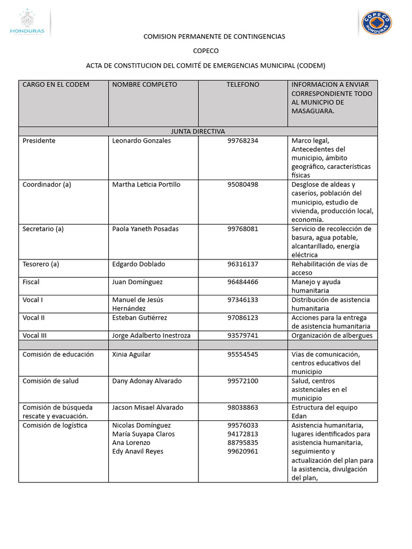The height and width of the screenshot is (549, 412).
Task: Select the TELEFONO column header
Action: click(242, 85)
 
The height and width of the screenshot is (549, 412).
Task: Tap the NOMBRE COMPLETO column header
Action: click(144, 85)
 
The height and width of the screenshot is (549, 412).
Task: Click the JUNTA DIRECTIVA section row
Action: click(198, 131)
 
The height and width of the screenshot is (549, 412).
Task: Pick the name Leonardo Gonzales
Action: click(142, 140)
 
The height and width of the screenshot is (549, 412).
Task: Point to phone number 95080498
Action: click(242, 184)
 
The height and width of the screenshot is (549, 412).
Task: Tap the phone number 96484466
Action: click(242, 282)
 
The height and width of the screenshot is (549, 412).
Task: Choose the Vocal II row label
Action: click(34, 317)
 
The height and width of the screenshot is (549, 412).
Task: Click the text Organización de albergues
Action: click(332, 335)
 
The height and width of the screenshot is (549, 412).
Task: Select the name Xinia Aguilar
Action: click(131, 354)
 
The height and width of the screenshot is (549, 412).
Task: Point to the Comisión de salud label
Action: click(50, 381)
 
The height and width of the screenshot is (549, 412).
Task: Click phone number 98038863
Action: click(242, 407)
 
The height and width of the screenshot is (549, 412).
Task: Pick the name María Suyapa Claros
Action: click(143, 434)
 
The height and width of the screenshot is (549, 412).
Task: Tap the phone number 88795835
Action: click(242, 443)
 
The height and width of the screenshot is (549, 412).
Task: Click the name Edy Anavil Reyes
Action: click(138, 451)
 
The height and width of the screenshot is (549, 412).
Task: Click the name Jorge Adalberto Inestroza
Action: click(151, 335)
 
